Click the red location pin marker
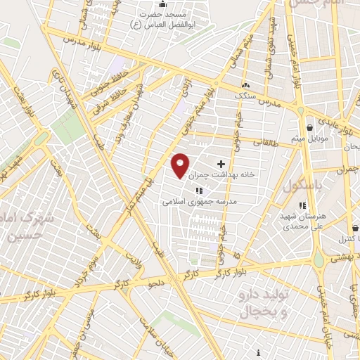coord(181,165)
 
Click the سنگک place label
coord(245,95)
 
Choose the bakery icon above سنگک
coord(246,86)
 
